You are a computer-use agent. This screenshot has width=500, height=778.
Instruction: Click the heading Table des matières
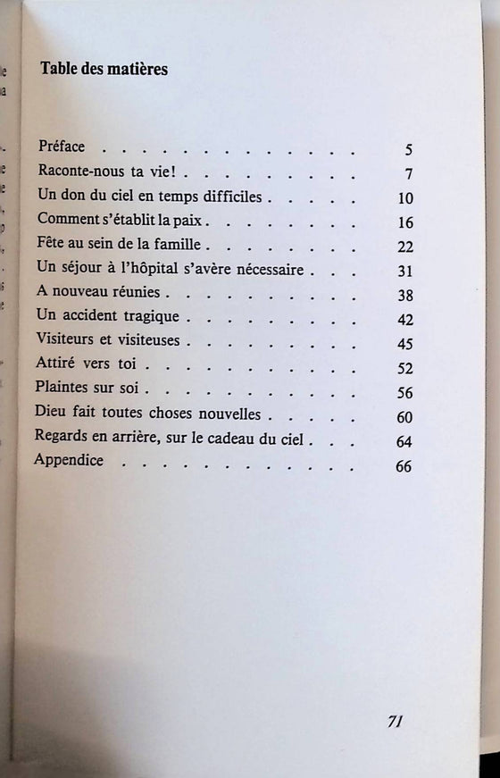click(x=104, y=70)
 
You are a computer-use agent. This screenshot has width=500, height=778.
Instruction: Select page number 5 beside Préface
click(x=407, y=150)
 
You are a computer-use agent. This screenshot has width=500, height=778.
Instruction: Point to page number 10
click(x=404, y=197)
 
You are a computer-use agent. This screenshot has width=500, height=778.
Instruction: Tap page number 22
click(x=404, y=246)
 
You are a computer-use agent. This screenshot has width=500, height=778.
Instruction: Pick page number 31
click(x=404, y=270)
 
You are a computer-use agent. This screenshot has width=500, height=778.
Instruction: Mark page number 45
click(x=404, y=343)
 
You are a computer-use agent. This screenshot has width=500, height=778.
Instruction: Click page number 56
click(x=404, y=393)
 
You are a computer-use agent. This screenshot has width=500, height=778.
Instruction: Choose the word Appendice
click(x=69, y=461)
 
